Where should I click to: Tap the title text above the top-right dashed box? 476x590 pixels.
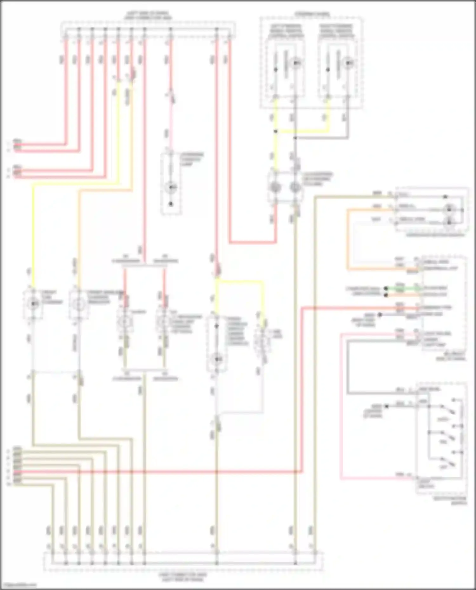312,14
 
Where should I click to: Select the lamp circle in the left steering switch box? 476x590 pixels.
295,63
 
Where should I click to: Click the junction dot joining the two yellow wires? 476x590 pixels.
276,131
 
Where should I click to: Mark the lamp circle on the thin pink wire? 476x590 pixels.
171,188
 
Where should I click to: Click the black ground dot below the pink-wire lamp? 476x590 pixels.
171,204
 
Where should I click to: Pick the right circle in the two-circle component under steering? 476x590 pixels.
295,187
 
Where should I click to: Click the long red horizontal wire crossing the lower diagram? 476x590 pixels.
159,472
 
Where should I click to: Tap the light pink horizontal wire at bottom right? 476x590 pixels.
374,478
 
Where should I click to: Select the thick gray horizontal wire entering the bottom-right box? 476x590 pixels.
381,393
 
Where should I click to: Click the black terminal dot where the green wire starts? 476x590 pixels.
386,289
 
